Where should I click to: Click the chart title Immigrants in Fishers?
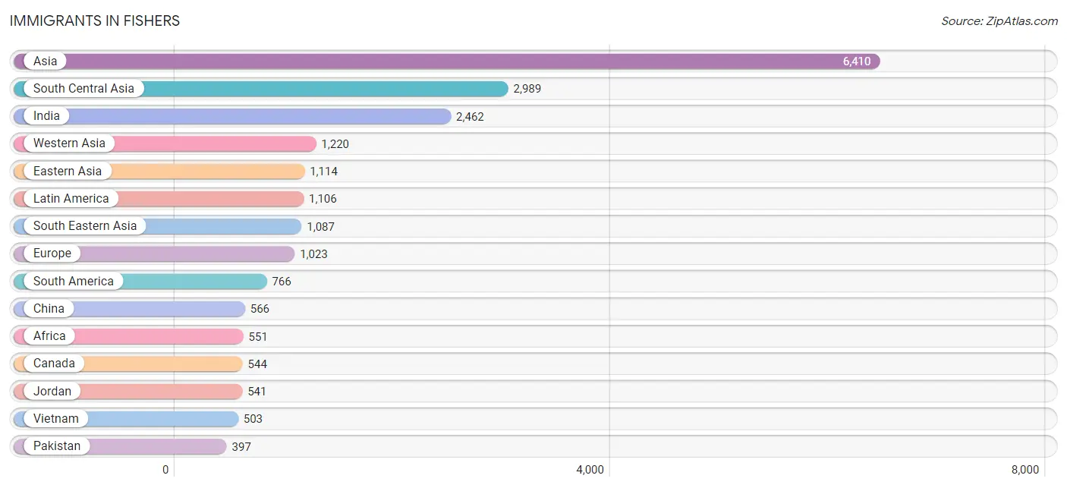[x=94, y=21]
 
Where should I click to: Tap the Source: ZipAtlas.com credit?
[x=999, y=21]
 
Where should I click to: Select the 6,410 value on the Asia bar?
[x=857, y=61]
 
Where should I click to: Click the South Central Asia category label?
[x=83, y=89]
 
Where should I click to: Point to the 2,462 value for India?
[x=470, y=117]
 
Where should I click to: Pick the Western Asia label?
[x=69, y=143]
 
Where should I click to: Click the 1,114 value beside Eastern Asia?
[x=324, y=172]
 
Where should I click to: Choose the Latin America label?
[x=71, y=198]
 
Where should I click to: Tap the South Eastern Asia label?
[x=85, y=226]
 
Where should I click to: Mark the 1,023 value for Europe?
[x=314, y=254]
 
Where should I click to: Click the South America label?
[x=74, y=281]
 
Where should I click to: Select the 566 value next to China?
[x=260, y=309]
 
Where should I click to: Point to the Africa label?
[x=49, y=336]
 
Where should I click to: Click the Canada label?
[x=54, y=364]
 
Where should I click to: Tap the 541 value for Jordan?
[x=257, y=392]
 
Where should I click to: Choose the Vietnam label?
[x=55, y=418]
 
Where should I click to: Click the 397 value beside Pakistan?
[x=241, y=446]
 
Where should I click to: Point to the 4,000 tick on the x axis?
[x=590, y=470]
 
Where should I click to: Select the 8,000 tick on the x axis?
[x=1025, y=470]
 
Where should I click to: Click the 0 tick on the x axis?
[x=165, y=470]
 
